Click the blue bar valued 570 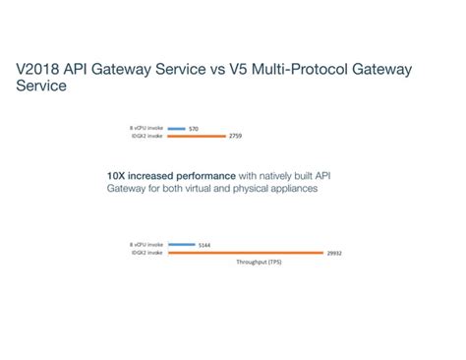point(177,128)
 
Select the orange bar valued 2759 point(196,137)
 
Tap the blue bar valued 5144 point(182,244)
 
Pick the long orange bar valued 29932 point(246,253)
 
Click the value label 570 point(194,128)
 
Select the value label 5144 point(204,244)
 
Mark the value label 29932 point(334,253)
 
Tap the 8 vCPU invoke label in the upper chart point(146,128)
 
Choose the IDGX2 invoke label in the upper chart point(146,137)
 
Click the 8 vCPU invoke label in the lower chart point(146,244)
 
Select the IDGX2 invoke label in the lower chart point(146,253)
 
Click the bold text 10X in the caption point(116,175)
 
